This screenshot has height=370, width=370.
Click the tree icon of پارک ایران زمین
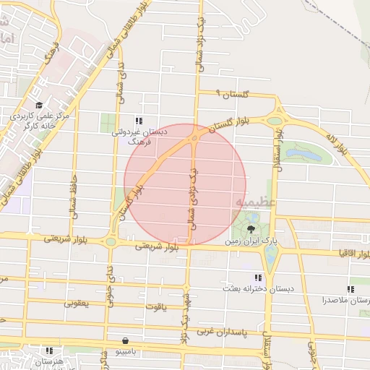(251, 228)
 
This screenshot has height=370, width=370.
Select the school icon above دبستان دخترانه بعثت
(257, 278)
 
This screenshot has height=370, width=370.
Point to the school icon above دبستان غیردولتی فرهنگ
(138, 121)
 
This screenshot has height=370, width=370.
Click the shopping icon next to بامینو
(126, 340)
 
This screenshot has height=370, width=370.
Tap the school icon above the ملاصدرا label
(350, 288)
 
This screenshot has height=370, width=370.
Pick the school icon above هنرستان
(48, 350)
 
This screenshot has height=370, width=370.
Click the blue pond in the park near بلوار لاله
(305, 153)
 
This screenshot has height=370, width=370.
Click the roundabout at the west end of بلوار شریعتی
(111, 242)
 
